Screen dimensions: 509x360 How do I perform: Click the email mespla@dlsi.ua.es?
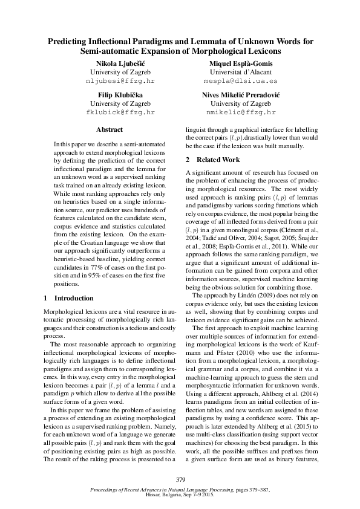(x=241, y=80)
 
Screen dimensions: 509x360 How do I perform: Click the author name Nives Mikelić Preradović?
(x=241, y=95)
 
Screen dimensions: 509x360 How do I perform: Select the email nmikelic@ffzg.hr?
(x=241, y=112)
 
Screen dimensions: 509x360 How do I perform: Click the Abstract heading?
(x=110, y=129)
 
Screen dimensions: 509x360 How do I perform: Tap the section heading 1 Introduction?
(x=70, y=298)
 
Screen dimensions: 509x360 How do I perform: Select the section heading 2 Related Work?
(x=212, y=160)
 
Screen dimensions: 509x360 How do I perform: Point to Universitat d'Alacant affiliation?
(x=241, y=72)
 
